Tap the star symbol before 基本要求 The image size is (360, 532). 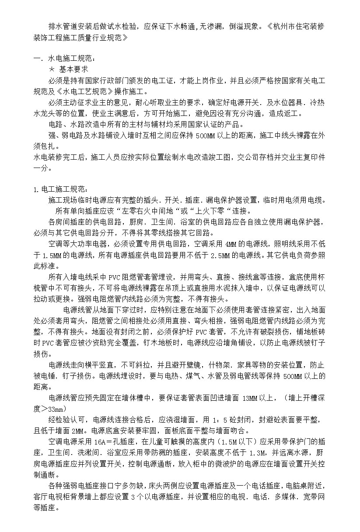[52, 70]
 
